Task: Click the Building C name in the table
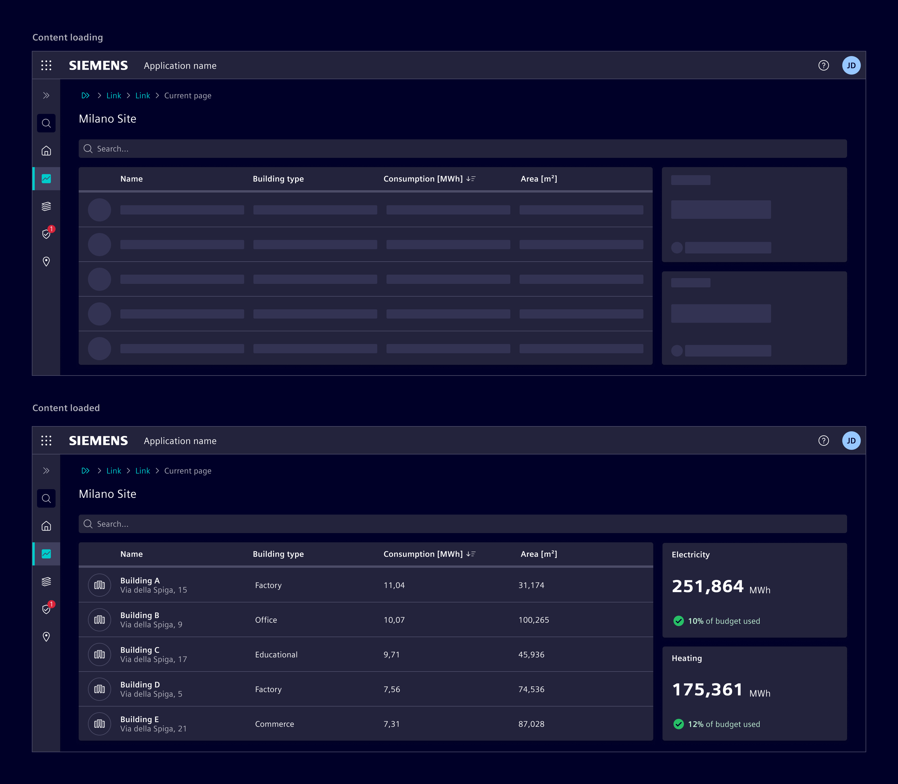point(140,650)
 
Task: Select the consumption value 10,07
point(394,620)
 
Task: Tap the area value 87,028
point(531,724)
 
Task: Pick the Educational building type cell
point(276,654)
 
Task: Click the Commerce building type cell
point(275,724)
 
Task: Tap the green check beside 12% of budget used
point(678,724)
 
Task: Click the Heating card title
point(687,658)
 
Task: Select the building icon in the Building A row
point(100,585)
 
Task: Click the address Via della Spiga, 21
point(153,729)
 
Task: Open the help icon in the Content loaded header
point(823,441)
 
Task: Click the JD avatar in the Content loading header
point(851,66)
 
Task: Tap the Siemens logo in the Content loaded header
point(99,441)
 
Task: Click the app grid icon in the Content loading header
point(46,66)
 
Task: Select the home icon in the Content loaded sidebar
point(46,526)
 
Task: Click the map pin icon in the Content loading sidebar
point(46,262)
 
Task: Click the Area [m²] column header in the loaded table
point(538,554)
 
